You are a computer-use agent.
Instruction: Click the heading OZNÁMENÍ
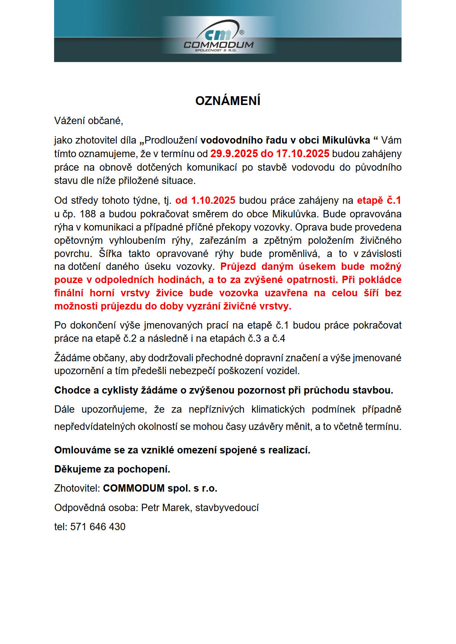tap(228, 101)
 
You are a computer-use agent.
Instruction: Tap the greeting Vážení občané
tap(89, 121)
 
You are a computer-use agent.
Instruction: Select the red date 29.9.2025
tap(234, 154)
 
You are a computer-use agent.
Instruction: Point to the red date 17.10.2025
tap(303, 154)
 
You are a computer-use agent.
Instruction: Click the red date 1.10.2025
tap(213, 200)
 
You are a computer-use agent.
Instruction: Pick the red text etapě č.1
tap(379, 200)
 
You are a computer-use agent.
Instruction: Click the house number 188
tap(88, 214)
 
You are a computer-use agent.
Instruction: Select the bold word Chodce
tap(71, 390)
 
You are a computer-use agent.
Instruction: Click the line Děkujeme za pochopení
tap(112, 469)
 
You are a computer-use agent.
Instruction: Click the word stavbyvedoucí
tap(227, 508)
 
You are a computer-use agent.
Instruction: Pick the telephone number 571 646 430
tap(98, 527)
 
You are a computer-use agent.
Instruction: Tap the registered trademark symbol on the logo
tap(242, 32)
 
